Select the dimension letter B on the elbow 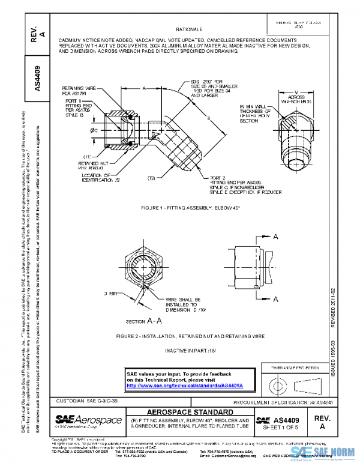(x=208, y=119)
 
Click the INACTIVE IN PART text (x=190, y=349)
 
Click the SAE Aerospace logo (x=88, y=419)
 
